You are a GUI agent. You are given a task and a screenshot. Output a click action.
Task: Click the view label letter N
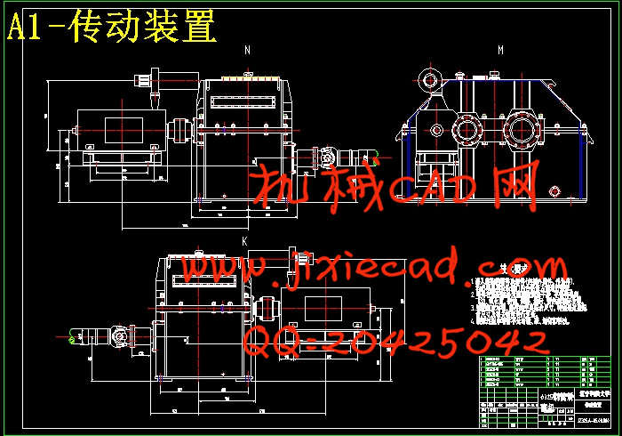coord(248,51)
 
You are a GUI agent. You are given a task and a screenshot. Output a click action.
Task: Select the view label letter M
coord(500,51)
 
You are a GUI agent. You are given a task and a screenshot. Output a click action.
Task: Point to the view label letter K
coord(244,240)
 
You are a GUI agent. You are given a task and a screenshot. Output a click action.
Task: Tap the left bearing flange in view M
coord(467,132)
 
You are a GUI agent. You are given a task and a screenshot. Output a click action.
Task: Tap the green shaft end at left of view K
coord(71,336)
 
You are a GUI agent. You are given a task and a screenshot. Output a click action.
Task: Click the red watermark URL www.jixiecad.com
coord(373,267)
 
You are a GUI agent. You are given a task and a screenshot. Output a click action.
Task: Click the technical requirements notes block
coord(524,298)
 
